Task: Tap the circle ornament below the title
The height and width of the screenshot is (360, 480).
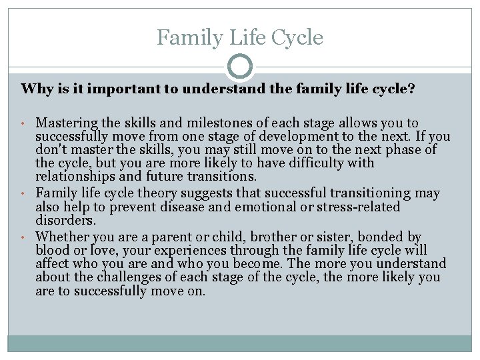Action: point(240,67)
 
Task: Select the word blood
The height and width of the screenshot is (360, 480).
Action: point(52,250)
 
